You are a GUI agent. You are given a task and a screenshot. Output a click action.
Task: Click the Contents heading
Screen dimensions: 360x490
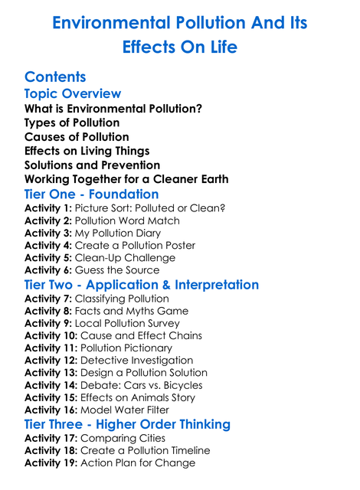click(55, 77)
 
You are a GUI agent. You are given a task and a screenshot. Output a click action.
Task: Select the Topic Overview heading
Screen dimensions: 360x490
click(73, 94)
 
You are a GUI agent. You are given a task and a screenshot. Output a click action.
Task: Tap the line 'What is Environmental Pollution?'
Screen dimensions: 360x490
click(113, 109)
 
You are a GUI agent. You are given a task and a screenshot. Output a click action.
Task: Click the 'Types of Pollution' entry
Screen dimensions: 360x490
click(72, 122)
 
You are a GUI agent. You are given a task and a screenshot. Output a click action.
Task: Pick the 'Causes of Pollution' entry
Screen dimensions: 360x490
click(77, 137)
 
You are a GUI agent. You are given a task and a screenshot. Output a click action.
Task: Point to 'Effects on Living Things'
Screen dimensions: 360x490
click(87, 151)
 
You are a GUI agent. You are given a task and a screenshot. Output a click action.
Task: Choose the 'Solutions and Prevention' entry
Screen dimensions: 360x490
click(92, 165)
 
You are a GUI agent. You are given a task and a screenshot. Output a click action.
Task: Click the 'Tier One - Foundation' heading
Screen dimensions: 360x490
click(92, 194)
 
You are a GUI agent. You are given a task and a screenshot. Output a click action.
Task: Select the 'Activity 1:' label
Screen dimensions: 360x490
click(48, 208)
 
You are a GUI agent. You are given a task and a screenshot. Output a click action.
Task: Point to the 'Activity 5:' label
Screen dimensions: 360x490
click(48, 257)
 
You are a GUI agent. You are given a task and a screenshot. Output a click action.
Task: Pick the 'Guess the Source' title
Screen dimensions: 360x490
click(117, 269)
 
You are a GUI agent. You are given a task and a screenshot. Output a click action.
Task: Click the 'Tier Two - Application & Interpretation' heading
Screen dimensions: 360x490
click(142, 285)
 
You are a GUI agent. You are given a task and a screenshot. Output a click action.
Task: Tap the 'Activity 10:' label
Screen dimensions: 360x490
click(51, 335)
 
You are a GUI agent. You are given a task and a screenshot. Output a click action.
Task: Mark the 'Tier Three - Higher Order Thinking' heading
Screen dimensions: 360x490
click(127, 424)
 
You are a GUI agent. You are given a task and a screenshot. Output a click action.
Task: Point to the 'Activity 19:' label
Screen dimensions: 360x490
click(51, 462)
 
